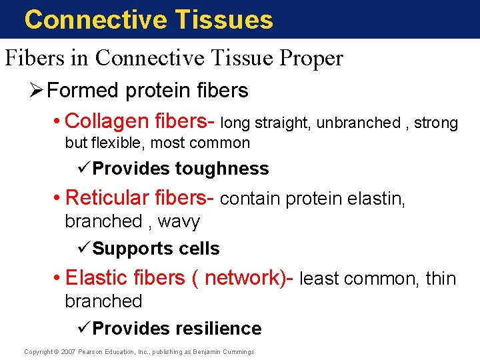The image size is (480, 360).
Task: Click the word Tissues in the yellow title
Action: point(224,19)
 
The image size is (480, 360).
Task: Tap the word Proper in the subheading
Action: point(311,59)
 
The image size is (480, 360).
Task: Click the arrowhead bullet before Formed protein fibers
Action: point(37,90)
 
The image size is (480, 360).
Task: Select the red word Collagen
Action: point(107,122)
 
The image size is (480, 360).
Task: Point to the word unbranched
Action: point(359,123)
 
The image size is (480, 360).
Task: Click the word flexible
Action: point(116,143)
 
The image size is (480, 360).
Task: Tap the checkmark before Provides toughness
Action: point(84,167)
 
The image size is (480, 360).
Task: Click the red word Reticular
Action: point(107,197)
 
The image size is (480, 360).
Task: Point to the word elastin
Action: point(376,199)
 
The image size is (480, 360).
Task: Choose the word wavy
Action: point(179,221)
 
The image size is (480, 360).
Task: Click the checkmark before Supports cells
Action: point(84,247)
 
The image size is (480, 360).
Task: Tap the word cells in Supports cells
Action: point(199,248)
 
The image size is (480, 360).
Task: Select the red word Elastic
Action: point(95,277)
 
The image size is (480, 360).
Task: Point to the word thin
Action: point(441,278)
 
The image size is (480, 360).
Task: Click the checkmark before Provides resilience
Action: point(84,327)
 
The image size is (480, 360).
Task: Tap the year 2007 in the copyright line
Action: point(68,352)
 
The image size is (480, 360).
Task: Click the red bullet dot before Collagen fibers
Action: point(56,121)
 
